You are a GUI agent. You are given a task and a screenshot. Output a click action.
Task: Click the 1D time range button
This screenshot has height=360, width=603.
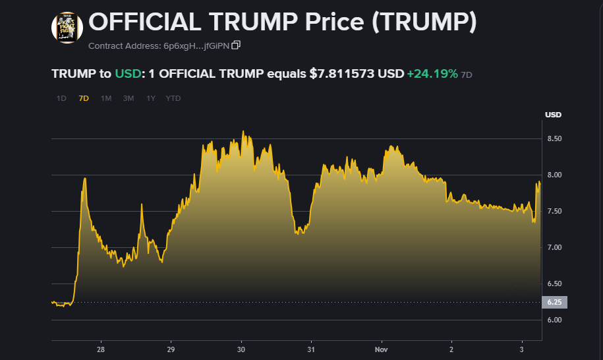(61, 98)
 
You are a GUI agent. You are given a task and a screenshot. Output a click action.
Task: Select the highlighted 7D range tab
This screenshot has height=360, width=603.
(84, 98)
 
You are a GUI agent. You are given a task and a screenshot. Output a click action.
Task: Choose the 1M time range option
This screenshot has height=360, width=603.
(106, 98)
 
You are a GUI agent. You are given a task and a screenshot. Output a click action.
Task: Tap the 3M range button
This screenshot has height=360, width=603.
(129, 98)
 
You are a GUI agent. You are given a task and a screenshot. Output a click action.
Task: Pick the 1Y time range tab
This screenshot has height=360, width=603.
(151, 98)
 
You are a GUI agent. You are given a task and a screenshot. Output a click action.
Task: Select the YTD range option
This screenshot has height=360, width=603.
(173, 98)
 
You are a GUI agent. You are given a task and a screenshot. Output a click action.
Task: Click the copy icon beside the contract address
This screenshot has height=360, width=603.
(236, 45)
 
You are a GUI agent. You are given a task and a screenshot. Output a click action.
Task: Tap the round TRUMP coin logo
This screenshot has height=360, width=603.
(67, 28)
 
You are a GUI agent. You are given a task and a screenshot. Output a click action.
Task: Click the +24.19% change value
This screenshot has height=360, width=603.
(432, 74)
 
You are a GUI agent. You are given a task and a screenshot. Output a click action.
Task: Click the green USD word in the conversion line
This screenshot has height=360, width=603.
(128, 74)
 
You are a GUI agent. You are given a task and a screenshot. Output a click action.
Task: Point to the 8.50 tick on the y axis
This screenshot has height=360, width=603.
(554, 138)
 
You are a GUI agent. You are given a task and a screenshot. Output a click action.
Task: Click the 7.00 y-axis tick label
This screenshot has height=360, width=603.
(554, 247)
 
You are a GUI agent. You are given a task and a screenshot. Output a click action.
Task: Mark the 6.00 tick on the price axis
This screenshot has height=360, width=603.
(554, 320)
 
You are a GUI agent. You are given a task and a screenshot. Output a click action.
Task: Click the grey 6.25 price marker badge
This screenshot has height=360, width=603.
(554, 302)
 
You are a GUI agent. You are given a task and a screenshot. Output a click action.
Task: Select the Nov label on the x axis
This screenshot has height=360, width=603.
(382, 349)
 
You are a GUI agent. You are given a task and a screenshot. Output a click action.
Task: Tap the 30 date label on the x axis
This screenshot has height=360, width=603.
(241, 349)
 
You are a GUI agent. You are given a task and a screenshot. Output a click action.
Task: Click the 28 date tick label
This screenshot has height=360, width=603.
(101, 349)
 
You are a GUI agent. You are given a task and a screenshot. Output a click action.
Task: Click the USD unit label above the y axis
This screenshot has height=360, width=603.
(553, 115)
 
